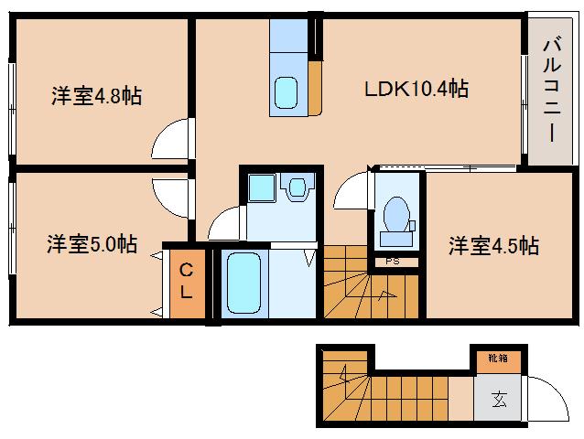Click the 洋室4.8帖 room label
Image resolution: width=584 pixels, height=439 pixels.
pos(96,96)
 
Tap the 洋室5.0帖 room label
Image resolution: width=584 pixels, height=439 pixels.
pos(92,244)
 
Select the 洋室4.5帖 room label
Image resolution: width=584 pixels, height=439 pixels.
pos(493,245)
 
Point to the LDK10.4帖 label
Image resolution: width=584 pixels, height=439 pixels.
pos(416,89)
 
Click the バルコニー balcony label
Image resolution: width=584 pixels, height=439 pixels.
pos(552,89)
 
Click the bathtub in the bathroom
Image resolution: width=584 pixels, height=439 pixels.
pos(243,283)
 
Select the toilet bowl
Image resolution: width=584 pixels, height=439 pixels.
pos(396,214)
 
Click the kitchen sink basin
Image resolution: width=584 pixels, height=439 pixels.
pos(286,92)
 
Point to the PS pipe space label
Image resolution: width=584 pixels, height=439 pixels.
pos(393,262)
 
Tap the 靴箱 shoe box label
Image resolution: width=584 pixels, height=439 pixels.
pos(498,359)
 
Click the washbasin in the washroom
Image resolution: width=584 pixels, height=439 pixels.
pos(297,187)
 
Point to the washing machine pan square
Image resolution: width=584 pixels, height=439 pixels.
pos(262,187)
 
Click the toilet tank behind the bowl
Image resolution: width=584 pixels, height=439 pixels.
pos(396,239)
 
